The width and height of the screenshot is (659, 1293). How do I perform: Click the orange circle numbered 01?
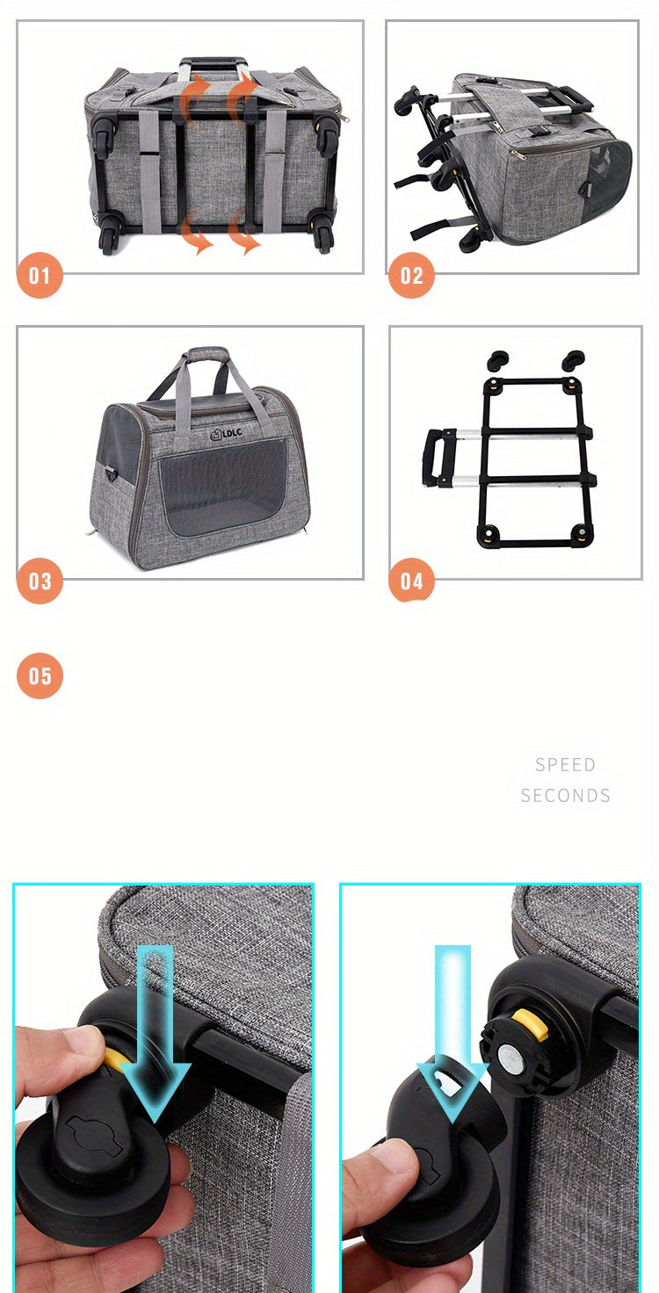coord(40,276)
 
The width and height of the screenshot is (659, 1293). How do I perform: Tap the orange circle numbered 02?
coord(411,276)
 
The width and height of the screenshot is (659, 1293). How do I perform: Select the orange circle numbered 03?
coord(40,581)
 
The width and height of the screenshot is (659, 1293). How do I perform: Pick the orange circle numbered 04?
coord(411,581)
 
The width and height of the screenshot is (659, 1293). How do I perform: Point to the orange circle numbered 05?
coord(40,675)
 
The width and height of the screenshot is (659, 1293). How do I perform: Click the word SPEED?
coord(565,764)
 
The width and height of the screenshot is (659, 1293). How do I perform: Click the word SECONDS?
coord(565,795)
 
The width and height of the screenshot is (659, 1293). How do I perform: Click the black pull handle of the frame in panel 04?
coord(433,456)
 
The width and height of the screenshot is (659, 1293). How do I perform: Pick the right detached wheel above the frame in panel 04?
coord(574,359)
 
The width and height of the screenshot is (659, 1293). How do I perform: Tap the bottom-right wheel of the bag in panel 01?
coord(322,237)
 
